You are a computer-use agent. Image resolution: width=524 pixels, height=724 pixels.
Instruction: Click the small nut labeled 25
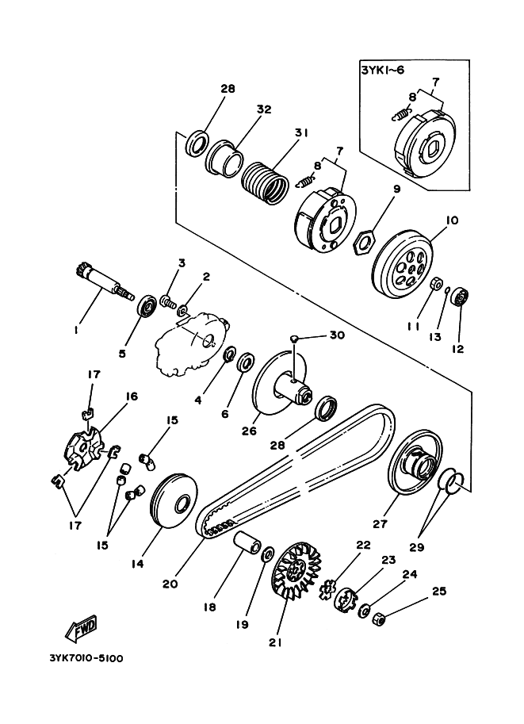(379, 618)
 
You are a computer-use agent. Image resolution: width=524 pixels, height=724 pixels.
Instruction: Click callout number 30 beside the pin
(337, 335)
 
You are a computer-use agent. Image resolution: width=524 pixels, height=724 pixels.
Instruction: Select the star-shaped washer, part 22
(329, 589)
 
